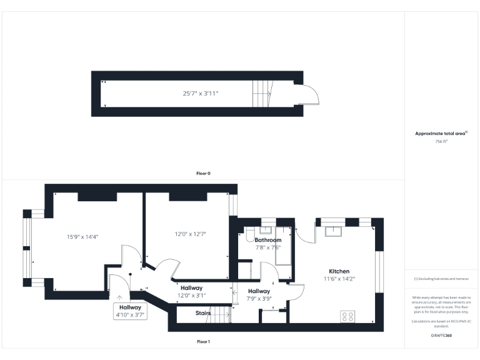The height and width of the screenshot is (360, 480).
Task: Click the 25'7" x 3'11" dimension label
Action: click(201, 94)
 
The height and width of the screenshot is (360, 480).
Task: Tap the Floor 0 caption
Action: click(203, 173)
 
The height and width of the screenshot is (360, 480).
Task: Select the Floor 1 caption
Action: click(203, 342)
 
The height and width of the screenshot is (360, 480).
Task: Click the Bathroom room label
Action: click(268, 240)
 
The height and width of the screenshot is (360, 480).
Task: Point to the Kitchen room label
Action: click(339, 271)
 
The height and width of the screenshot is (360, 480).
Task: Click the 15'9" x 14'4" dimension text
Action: click(83, 237)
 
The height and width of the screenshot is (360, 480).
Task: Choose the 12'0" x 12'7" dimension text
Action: click(190, 234)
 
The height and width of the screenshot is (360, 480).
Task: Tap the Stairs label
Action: click(203, 313)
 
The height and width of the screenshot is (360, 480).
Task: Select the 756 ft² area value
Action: click(441, 142)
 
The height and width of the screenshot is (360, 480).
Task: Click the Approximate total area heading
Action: click(441, 134)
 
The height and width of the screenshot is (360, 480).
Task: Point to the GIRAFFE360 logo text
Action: click(441, 336)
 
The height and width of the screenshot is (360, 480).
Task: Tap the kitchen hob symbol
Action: click(347, 316)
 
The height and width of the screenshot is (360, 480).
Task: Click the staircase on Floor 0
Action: click(261, 94)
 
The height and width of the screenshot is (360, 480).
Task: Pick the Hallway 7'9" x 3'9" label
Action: click(259, 295)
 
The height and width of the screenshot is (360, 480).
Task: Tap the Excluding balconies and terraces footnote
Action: click(441, 279)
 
